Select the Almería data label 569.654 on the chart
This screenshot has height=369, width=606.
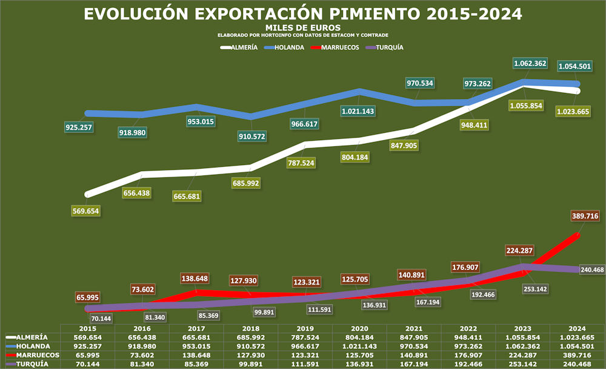tap(85, 211)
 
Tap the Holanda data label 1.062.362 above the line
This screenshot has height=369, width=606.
tap(530, 63)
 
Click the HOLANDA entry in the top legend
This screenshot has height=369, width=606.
tap(288, 47)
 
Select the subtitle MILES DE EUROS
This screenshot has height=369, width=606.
tap(303, 28)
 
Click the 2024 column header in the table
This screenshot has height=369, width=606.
tap(578, 328)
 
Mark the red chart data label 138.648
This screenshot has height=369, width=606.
tap(196, 278)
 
